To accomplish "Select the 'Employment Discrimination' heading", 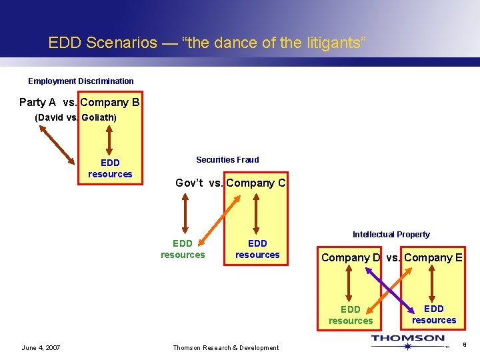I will [81, 81].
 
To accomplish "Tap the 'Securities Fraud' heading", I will [227, 160].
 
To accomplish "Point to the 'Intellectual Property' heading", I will [391, 235].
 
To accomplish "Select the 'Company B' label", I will [110, 103].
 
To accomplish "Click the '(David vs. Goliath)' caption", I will [75, 118].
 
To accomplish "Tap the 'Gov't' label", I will [189, 183].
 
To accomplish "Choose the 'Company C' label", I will [256, 183].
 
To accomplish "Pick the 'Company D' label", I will [351, 258].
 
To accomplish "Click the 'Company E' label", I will [433, 258].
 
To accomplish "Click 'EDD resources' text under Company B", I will [110, 169].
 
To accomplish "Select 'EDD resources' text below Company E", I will [434, 314].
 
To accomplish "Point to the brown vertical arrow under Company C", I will [257, 213].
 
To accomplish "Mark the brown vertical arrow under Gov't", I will [185, 213].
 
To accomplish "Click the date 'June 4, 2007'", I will [41, 347].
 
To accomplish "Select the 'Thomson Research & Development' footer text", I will [226, 347].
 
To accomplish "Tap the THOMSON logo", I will [408, 339].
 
